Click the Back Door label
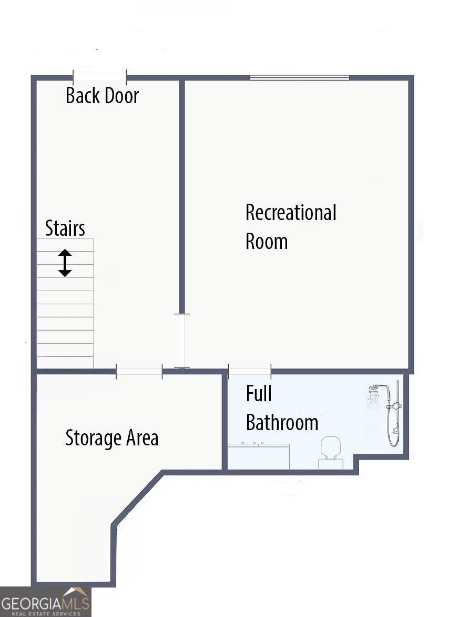coord(102,96)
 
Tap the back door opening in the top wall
coord(99,77)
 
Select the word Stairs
coord(65,228)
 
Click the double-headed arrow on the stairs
coord(65,263)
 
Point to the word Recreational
coord(291,213)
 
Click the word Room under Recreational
coord(267,242)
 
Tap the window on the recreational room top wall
coord(299,78)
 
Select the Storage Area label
coord(111,438)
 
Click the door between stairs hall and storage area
coord(139,372)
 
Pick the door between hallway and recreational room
coord(182,341)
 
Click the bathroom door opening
coord(250,371)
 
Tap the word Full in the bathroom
coord(259,393)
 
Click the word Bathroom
coord(282,422)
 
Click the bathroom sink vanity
coord(258,455)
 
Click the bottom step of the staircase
coord(65,362)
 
